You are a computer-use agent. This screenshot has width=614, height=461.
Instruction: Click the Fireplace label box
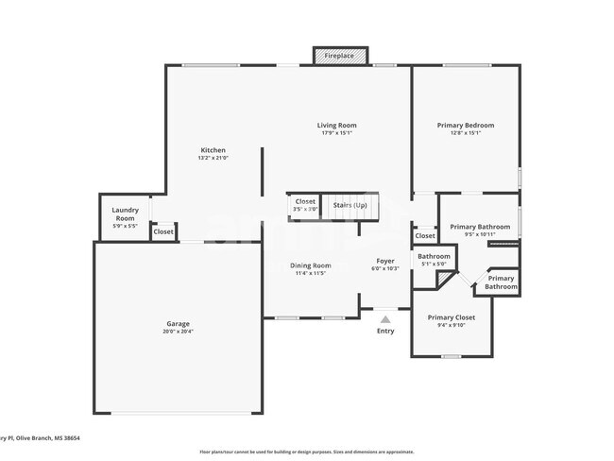tap(339, 56)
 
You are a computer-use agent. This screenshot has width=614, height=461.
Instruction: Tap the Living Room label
tap(336, 125)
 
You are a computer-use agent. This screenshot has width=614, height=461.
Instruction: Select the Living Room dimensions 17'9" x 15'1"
tap(336, 133)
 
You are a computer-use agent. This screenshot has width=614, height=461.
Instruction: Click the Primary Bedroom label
tap(465, 125)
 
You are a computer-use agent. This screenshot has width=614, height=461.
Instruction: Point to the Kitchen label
tap(213, 150)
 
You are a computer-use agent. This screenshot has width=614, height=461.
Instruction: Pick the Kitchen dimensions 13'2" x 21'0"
tap(213, 159)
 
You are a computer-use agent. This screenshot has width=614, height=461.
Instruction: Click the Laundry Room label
tap(125, 213)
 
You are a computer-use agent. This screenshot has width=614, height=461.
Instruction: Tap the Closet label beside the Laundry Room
tap(163, 231)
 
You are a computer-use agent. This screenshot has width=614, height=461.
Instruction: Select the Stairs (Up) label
tap(350, 204)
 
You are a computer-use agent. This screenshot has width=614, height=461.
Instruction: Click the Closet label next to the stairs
tap(305, 201)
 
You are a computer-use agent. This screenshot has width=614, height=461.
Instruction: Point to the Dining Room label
tap(310, 265)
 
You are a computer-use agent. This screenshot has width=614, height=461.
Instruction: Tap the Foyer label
tap(385, 261)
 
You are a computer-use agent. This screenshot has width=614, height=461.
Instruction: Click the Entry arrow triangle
tap(385, 320)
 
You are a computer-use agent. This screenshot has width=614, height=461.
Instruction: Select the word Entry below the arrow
tap(385, 331)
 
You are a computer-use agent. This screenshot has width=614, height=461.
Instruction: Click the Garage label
tap(179, 324)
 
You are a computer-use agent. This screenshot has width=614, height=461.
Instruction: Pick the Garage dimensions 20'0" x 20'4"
tap(179, 332)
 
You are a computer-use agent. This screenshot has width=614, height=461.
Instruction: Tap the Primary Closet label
tap(451, 317)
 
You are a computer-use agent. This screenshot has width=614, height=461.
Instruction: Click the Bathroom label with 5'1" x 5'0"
tap(435, 256)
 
